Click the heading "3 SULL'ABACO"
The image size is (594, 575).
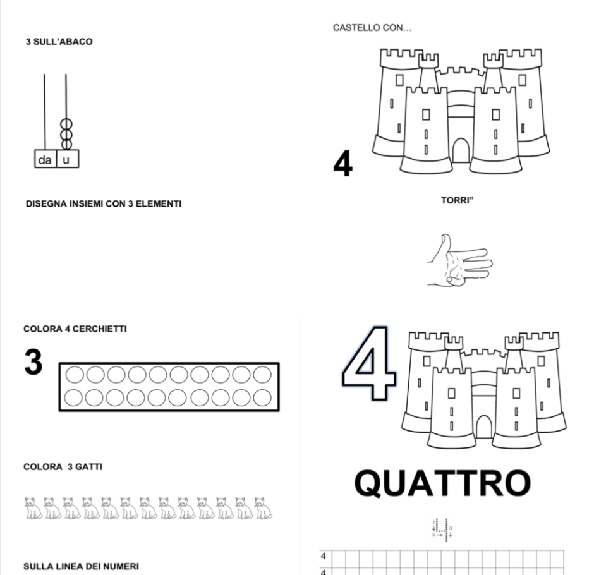[58, 42]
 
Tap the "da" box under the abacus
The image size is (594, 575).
[45, 160]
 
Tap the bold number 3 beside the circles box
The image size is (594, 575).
[33, 363]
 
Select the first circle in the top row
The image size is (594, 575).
[75, 375]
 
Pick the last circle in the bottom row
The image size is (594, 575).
[262, 397]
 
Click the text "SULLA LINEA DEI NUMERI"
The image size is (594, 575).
[81, 566]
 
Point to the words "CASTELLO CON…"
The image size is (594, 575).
[363, 28]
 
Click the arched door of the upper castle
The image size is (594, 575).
[461, 150]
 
